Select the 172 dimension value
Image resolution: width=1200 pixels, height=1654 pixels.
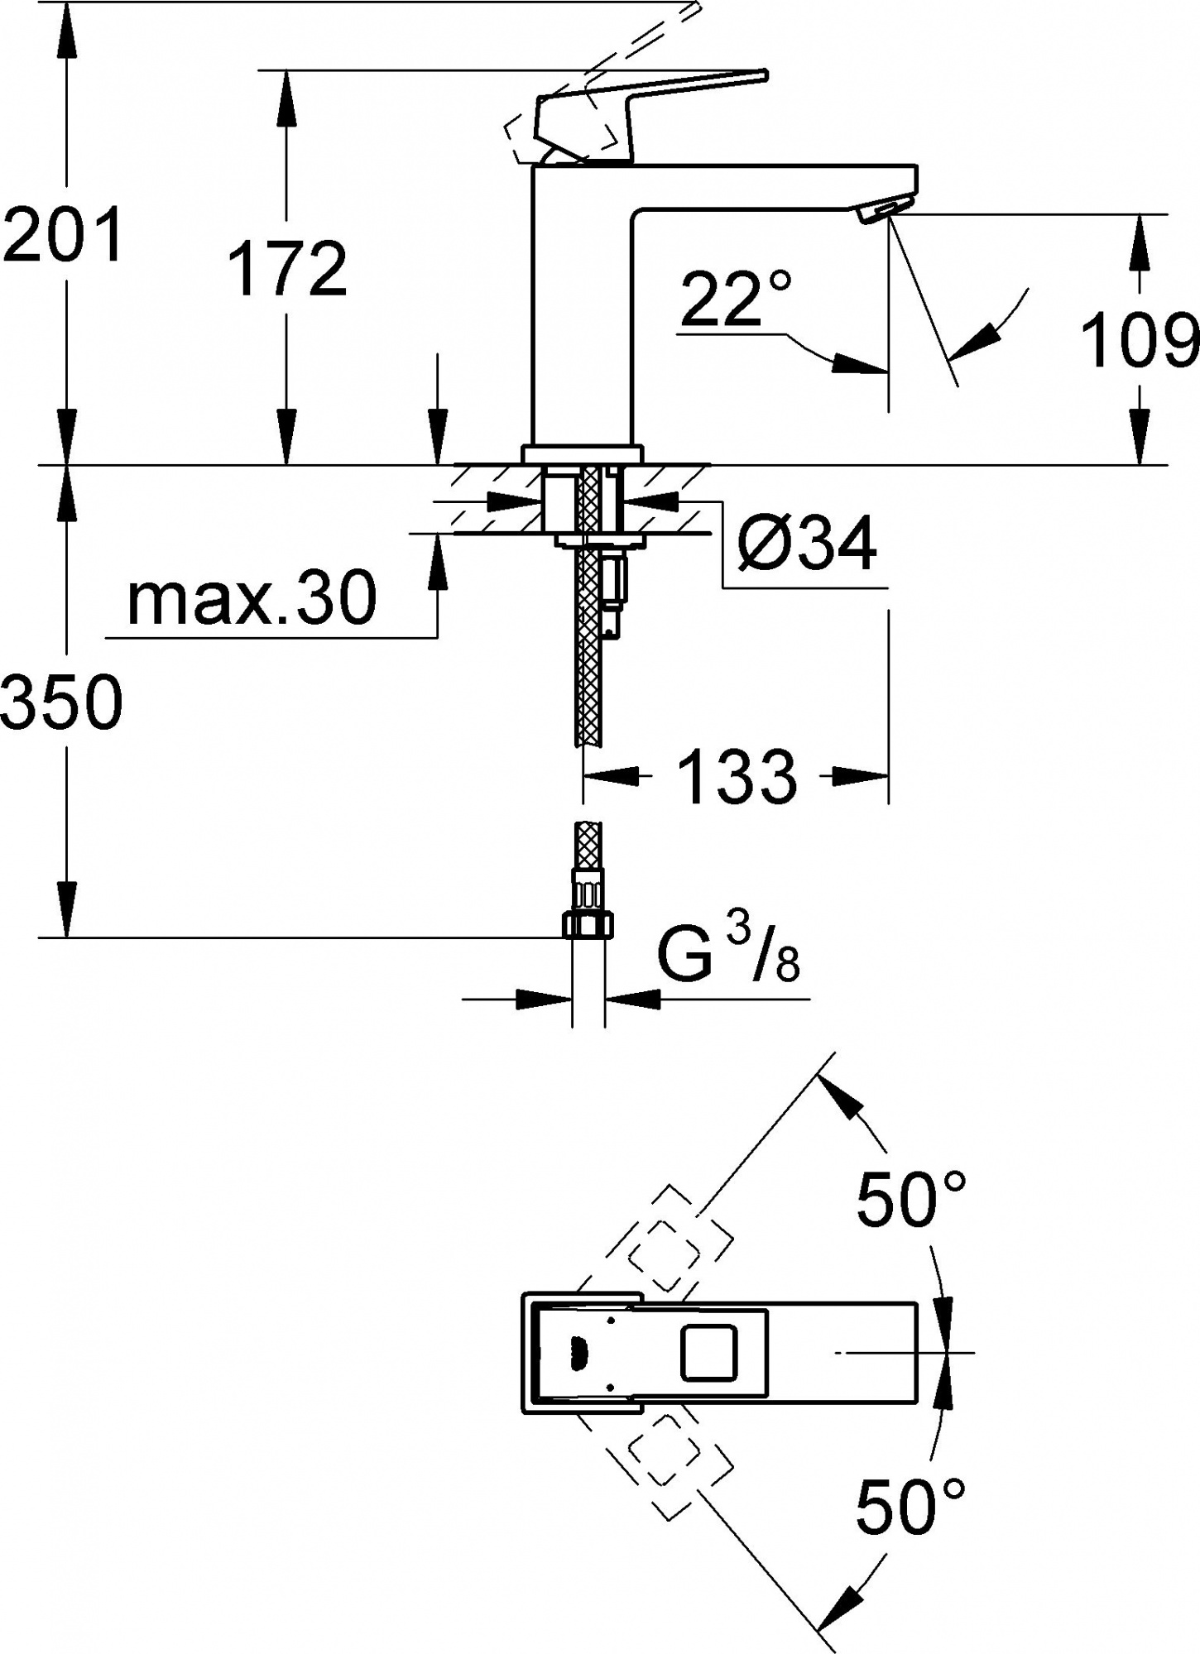[x=287, y=269]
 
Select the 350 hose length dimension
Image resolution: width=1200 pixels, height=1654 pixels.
[x=62, y=702]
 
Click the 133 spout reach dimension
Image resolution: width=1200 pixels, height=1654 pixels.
[x=737, y=777]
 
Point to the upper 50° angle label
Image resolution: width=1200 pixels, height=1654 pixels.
[x=910, y=1199]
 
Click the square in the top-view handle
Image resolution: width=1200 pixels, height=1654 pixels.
[x=708, y=1352]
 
